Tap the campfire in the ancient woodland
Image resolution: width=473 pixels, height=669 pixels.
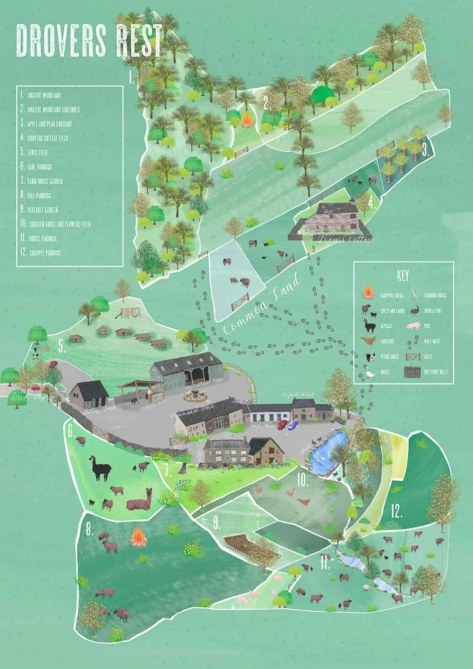pos(248,119)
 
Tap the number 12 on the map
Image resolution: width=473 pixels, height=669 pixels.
pos(397,511)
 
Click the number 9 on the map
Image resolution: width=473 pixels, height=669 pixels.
pos(217,523)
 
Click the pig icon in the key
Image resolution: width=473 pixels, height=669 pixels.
pos(414,326)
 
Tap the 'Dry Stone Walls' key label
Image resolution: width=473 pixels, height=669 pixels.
pos(436,372)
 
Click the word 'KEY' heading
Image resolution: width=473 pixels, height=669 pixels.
pos(403,276)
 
